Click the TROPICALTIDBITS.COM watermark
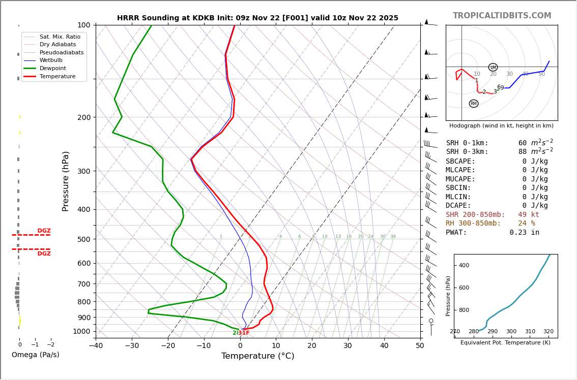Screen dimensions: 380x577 (502, 16)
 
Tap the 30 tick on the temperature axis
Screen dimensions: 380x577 (348, 346)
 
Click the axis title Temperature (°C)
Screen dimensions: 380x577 (257, 356)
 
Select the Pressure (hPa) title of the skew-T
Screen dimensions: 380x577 (66, 181)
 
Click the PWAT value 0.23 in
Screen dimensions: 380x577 (524, 233)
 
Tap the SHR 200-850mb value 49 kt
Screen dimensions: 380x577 (528, 215)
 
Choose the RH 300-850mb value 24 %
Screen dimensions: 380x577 (526, 224)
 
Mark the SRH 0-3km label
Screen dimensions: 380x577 (467, 152)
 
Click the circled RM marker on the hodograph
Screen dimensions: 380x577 (474, 104)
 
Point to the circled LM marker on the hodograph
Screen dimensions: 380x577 (493, 67)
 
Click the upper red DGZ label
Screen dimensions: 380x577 (44, 231)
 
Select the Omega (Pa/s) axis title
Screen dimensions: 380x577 (35, 355)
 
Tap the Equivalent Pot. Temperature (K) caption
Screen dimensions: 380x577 (505, 342)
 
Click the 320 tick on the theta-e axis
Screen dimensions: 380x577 (548, 332)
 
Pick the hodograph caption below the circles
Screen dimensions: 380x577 (501, 125)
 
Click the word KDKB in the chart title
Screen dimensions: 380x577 (206, 18)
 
